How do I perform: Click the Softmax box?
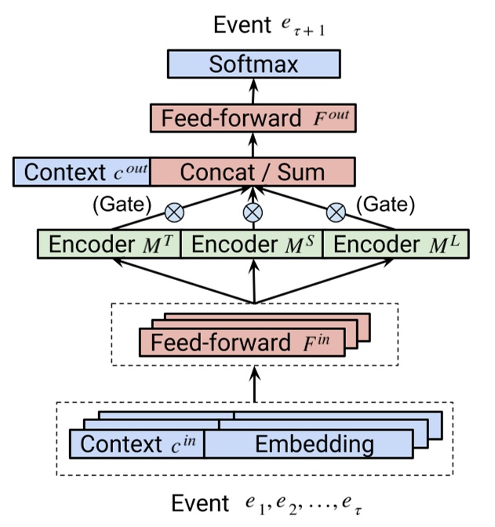[253, 64]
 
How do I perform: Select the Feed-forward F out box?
[253, 118]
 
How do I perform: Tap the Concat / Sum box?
[252, 172]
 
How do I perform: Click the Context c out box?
[81, 172]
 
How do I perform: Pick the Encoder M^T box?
[109, 244]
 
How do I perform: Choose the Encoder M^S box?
[253, 244]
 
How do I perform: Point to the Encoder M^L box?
[396, 244]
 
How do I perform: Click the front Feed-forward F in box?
[241, 343]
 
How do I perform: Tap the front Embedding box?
[313, 445]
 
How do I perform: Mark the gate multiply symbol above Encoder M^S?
[253, 211]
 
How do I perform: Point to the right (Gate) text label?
[384, 205]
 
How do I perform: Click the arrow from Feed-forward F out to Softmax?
[253, 90]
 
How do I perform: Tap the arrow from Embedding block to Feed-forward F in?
[253, 383]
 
